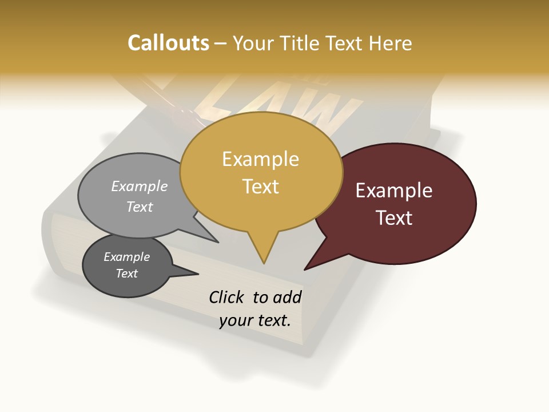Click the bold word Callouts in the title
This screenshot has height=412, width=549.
(x=168, y=43)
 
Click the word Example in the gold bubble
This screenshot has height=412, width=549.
(x=260, y=159)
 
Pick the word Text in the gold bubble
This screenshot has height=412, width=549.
(x=260, y=187)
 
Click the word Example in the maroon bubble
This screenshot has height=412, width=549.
(x=394, y=191)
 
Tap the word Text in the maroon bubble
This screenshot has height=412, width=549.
(x=394, y=218)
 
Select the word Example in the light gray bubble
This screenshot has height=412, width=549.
(x=140, y=187)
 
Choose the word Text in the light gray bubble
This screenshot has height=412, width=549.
(x=140, y=207)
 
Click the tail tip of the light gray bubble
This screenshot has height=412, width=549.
(x=217, y=242)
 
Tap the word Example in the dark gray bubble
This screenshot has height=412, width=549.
(x=126, y=257)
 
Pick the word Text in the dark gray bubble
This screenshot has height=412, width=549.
(x=126, y=274)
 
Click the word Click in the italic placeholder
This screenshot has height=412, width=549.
(x=226, y=297)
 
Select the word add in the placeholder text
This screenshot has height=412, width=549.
(x=287, y=297)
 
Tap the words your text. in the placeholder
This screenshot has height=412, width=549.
(x=255, y=320)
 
